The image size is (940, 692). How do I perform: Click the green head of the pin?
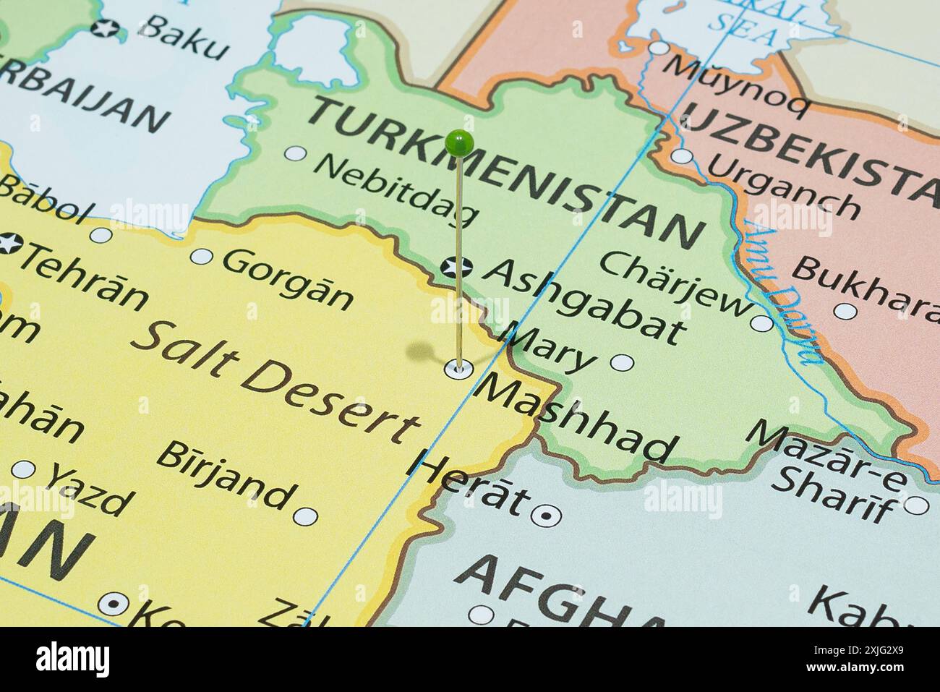460,143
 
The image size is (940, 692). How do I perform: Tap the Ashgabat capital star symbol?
456,268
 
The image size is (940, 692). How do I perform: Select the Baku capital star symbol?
106,29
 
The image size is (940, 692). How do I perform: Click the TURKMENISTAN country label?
506,174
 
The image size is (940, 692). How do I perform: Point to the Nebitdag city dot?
295,153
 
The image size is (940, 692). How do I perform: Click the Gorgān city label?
288,279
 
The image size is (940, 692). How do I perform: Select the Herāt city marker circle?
545,515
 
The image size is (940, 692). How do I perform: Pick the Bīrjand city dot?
305,516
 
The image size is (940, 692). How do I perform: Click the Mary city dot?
622,363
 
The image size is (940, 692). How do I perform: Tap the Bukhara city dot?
845,311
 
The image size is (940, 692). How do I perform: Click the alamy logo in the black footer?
72,659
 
